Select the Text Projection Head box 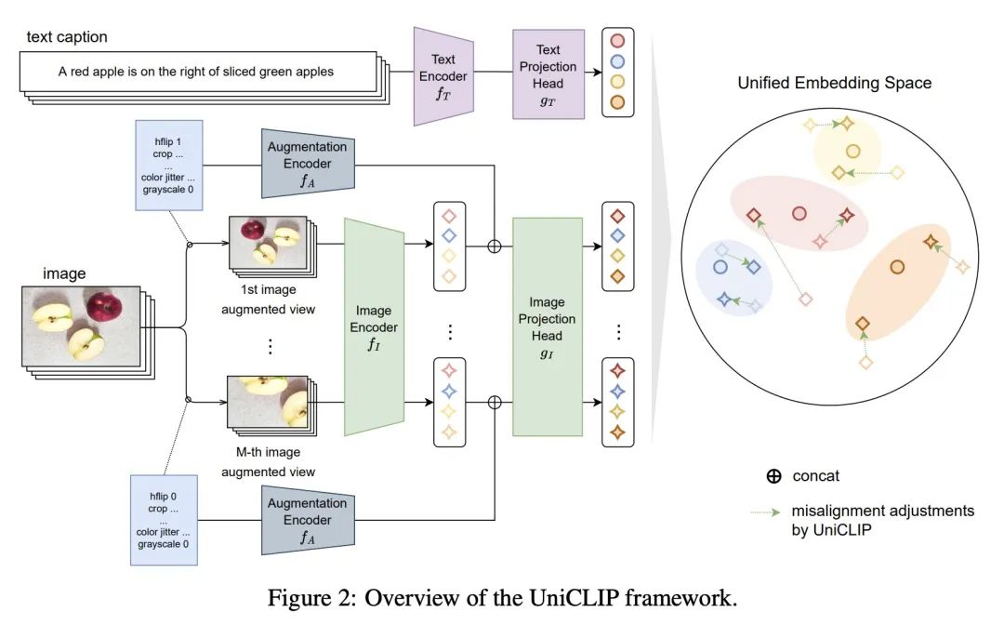548,73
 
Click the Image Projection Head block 547,326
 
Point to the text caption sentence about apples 195,72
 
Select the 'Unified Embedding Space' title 834,83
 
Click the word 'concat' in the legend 815,476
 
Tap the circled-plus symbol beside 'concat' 773,476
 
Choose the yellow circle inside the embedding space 852,151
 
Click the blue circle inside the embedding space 720,267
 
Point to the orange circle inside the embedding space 897,267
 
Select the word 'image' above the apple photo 64,273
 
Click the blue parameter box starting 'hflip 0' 168,519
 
